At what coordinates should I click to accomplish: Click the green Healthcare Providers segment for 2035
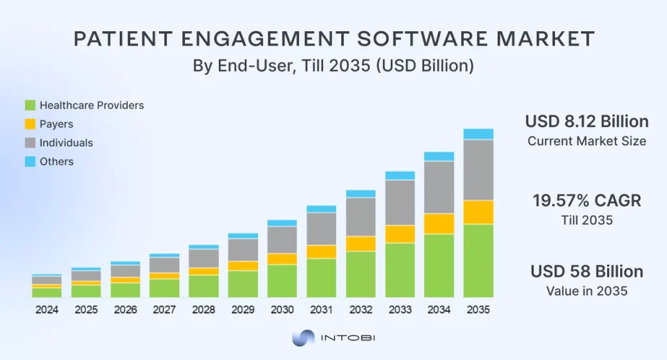pos(478,260)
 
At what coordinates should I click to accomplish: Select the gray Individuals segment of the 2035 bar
pos(478,169)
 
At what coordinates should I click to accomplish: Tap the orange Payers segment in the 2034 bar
pos(439,223)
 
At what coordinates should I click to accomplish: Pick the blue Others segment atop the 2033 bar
pos(400,175)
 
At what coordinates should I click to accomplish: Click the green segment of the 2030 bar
pos(282,281)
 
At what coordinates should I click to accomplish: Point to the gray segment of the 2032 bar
pos(360,216)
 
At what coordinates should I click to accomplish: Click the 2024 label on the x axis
pos(47,310)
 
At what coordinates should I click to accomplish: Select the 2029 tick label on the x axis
pos(243,310)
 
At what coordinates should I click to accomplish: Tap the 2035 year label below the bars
pos(478,310)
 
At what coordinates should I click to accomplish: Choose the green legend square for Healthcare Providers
pos(30,105)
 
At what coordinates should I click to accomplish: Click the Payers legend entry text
pos(56,124)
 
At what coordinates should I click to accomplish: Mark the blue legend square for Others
pos(30,161)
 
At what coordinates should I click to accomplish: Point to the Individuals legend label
pos(66,143)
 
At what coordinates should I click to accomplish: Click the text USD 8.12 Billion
pos(586,122)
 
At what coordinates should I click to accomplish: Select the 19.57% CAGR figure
pos(586,201)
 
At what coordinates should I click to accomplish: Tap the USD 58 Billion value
pos(586,271)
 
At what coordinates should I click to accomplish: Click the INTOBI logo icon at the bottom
pos(303,339)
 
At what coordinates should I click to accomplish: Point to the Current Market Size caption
pos(586,141)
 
